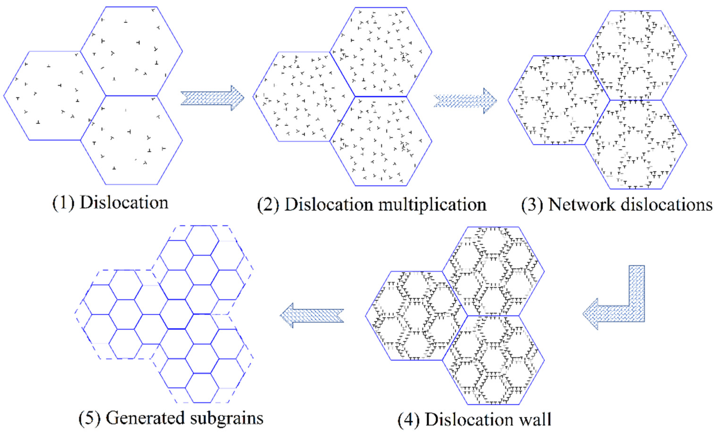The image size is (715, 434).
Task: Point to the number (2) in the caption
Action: (268, 205)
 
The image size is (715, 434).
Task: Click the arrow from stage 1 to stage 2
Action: (212, 98)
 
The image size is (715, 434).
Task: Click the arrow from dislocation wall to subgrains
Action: (312, 315)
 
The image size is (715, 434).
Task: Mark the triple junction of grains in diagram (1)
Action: (106, 95)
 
